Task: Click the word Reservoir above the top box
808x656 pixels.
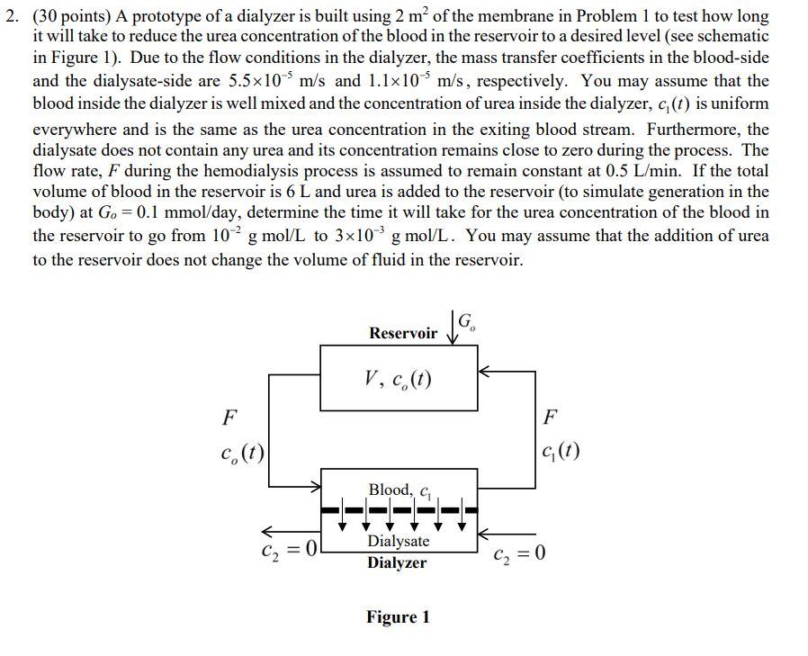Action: point(402,334)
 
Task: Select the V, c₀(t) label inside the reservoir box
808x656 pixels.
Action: point(399,379)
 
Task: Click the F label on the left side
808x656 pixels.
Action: point(230,418)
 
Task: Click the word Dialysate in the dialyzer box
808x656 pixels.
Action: point(399,541)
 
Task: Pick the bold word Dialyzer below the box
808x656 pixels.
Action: point(397,563)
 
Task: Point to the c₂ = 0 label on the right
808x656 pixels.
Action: point(520,553)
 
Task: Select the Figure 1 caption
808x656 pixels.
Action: point(397,617)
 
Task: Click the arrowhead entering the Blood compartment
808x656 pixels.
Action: point(316,489)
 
